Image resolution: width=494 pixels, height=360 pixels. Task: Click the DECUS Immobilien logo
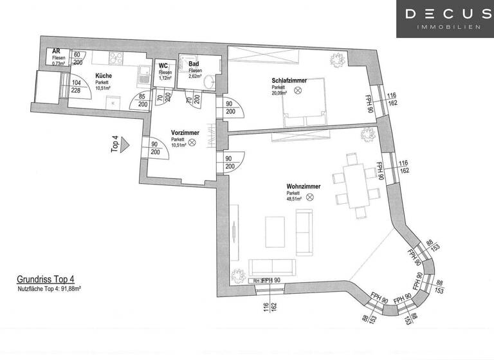[444, 19]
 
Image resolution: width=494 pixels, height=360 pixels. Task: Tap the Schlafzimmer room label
[288, 80]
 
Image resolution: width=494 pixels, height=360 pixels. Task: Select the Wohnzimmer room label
[300, 186]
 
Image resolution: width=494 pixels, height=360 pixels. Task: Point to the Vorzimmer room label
[185, 132]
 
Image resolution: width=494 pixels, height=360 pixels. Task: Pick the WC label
[164, 66]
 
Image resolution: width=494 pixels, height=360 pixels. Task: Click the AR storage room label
[57, 53]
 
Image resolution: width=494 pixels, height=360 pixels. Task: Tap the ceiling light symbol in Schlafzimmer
[298, 91]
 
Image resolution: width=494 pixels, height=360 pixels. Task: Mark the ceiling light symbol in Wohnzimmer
[309, 197]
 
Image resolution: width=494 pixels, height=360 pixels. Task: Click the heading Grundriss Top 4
[45, 280]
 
